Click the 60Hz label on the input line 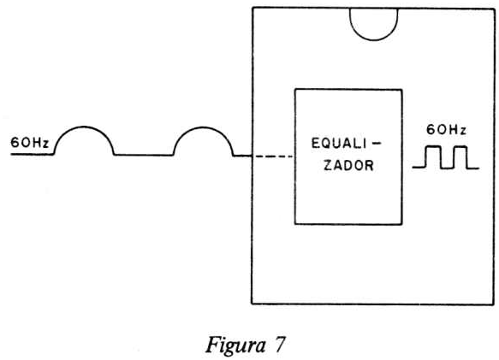point(30,143)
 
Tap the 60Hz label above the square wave point(446,130)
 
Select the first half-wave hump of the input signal point(84,127)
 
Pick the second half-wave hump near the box point(203,127)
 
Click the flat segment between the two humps point(144,155)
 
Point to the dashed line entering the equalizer point(274,156)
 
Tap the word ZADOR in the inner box point(348,165)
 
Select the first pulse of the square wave point(433,146)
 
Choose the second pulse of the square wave point(460,146)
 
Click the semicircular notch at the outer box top point(374,39)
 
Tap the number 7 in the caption point(279,345)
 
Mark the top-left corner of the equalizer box point(295,90)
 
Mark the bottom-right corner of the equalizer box point(402,224)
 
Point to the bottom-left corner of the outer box point(252,304)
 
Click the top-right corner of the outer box point(494,9)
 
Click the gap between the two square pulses point(447,168)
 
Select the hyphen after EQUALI point(376,144)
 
